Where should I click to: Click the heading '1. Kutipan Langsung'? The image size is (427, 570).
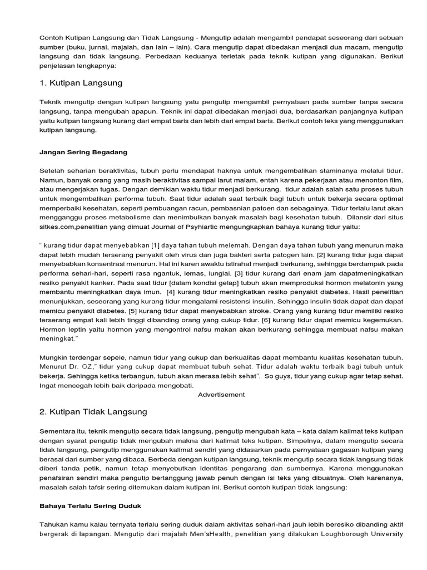[x=81, y=83]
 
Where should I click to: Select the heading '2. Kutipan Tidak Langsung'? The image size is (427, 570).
[x=93, y=412]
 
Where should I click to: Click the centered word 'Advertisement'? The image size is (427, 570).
[x=221, y=395]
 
